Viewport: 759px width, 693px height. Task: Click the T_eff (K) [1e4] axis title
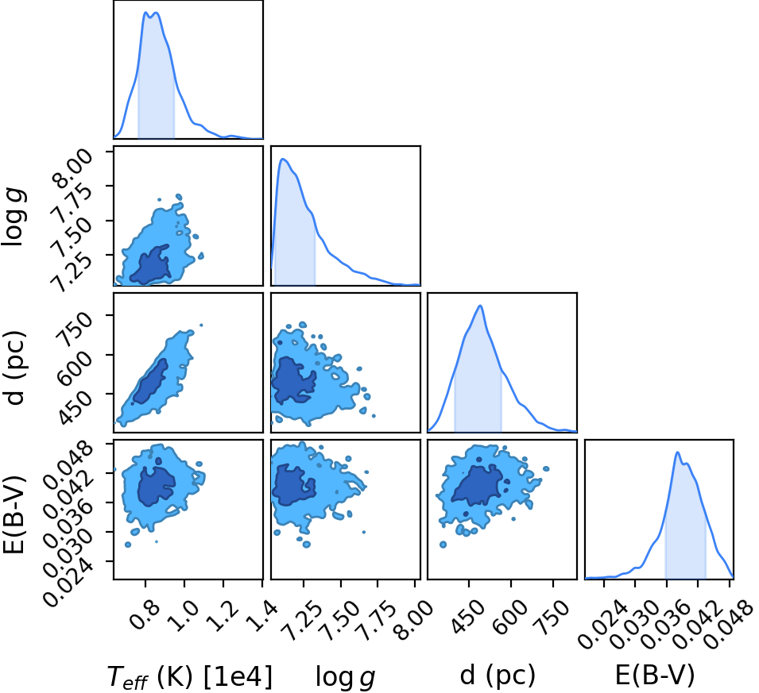(190, 676)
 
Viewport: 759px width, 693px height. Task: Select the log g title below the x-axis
(345, 676)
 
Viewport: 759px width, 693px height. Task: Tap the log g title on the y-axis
(14, 218)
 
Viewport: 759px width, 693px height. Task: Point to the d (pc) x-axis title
(498, 674)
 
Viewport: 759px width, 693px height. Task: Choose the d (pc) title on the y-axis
(14, 368)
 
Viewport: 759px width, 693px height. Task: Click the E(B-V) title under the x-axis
(654, 674)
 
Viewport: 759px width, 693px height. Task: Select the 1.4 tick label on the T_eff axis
(262, 614)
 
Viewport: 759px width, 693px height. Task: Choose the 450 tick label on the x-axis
(468, 616)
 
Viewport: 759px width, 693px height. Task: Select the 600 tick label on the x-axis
(509, 616)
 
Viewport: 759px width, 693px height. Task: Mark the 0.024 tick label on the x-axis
(602, 624)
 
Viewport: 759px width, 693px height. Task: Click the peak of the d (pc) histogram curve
(480, 306)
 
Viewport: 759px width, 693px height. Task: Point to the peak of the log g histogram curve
(283, 159)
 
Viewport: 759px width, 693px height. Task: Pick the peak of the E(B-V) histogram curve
(677, 452)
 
